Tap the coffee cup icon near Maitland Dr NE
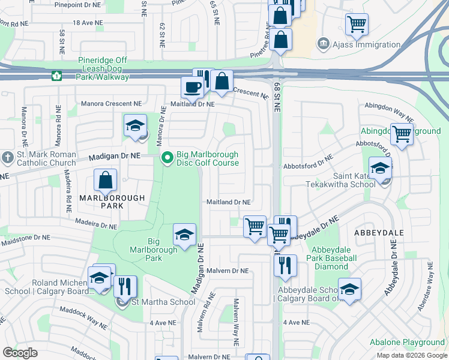[192, 88]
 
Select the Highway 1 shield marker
[56, 76]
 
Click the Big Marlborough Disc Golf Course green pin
[167, 158]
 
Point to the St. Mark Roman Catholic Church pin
[7, 158]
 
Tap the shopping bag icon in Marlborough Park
[106, 180]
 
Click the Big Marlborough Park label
[146, 250]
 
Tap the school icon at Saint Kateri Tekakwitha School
[379, 169]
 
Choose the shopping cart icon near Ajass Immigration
[357, 24]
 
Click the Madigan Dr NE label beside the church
[115, 156]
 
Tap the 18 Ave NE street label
[89, 22]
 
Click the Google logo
[20, 353]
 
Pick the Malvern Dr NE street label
[227, 271]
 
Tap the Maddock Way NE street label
[83, 319]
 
